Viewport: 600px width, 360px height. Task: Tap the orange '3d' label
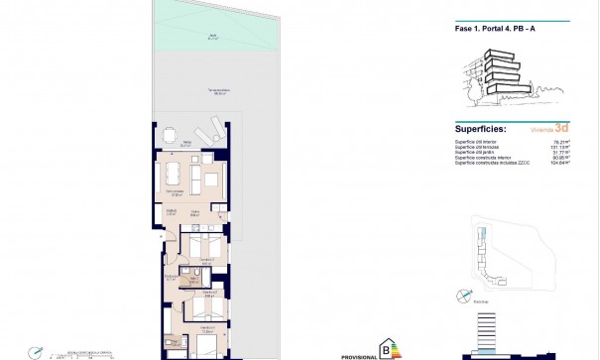pos(562,128)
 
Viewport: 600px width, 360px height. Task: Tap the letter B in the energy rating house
pos(385,347)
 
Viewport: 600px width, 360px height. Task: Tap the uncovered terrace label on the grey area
pos(218,91)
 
